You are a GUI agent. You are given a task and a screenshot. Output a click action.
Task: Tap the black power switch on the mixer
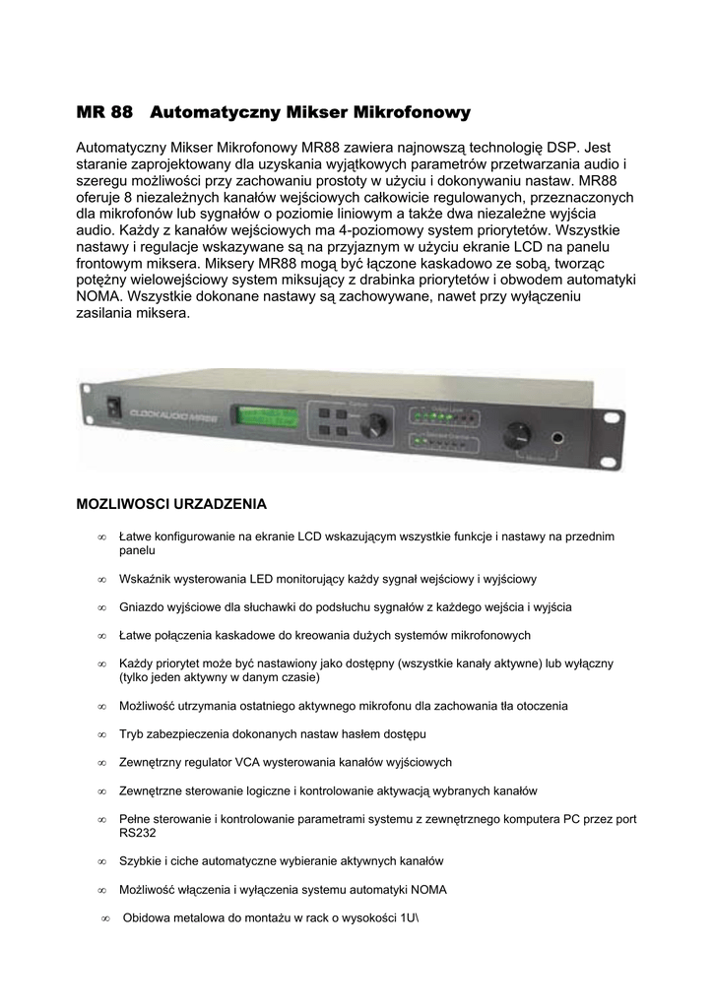(x=114, y=406)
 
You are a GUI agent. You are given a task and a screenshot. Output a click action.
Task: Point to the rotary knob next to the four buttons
(x=373, y=426)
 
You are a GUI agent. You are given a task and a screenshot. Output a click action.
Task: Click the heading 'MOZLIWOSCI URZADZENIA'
(x=171, y=504)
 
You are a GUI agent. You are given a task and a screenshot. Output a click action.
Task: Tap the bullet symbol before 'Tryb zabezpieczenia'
(x=101, y=734)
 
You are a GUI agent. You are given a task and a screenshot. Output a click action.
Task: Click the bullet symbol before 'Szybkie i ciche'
(x=101, y=861)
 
